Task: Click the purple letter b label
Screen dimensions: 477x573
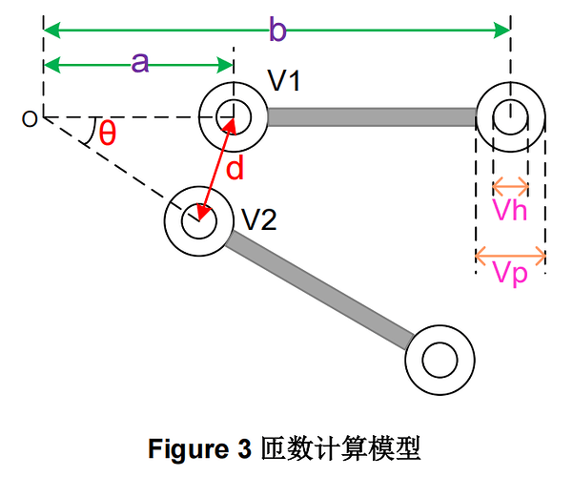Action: (276, 31)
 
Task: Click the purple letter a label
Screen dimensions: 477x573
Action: (139, 63)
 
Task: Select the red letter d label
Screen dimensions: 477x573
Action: (235, 169)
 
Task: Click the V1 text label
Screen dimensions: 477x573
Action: (283, 83)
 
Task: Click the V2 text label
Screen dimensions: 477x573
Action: (258, 220)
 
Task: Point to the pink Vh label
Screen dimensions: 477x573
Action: (510, 210)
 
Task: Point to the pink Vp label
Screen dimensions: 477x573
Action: (510, 276)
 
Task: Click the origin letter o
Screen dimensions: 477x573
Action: (30, 118)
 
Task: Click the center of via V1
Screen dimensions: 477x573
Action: (232, 117)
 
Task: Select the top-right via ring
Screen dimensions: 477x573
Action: (510, 117)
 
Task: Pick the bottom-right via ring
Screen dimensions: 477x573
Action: (440, 361)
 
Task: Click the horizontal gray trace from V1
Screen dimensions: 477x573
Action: (371, 117)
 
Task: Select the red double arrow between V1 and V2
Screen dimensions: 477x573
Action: (216, 167)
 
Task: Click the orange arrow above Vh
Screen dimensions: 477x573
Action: (510, 184)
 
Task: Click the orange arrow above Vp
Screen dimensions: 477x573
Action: (510, 255)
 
